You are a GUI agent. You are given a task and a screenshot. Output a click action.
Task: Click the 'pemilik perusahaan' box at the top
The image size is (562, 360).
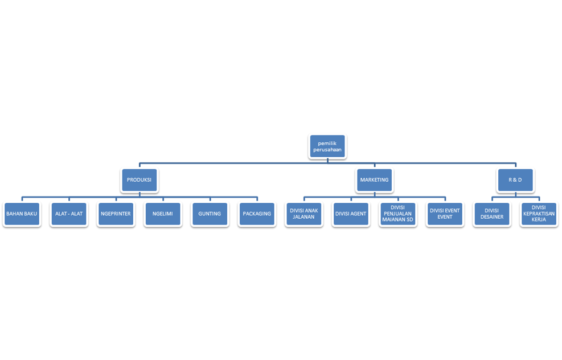(x=327, y=146)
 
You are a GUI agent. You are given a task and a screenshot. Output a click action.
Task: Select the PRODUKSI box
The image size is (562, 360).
(x=139, y=180)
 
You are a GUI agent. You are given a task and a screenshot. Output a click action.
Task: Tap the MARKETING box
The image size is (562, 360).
(x=374, y=180)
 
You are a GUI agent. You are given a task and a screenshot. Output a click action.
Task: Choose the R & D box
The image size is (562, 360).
(x=515, y=180)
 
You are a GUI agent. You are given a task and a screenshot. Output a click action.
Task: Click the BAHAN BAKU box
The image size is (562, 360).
(x=22, y=214)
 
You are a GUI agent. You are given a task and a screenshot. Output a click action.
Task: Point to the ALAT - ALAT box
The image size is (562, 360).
(x=69, y=214)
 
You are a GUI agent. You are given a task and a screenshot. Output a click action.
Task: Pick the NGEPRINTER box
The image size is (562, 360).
(x=116, y=214)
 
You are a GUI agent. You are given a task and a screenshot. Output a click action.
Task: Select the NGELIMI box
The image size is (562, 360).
(x=163, y=214)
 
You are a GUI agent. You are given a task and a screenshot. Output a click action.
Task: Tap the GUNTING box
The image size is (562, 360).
(x=210, y=214)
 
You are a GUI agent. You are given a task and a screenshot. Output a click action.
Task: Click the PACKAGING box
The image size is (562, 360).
(x=257, y=214)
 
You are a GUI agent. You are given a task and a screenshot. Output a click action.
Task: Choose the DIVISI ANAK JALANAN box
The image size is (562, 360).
(x=304, y=214)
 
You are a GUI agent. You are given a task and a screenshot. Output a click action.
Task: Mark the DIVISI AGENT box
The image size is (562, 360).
(x=351, y=214)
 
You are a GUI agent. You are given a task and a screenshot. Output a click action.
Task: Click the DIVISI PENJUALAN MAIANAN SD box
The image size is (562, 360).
(x=398, y=214)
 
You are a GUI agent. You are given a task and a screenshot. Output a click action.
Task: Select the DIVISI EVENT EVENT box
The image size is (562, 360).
(x=445, y=214)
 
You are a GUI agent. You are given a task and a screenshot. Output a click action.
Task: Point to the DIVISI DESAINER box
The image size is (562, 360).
(x=492, y=214)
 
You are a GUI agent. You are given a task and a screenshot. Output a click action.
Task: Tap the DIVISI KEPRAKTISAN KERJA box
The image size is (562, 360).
(x=539, y=214)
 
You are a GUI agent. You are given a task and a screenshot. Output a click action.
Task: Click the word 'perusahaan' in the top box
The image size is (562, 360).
(x=327, y=150)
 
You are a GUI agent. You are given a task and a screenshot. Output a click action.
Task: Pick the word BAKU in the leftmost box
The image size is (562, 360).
(x=30, y=214)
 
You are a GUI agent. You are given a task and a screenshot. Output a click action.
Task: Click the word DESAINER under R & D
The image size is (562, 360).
(x=492, y=217)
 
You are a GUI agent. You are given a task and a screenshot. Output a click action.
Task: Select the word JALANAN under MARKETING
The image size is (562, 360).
(x=304, y=217)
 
